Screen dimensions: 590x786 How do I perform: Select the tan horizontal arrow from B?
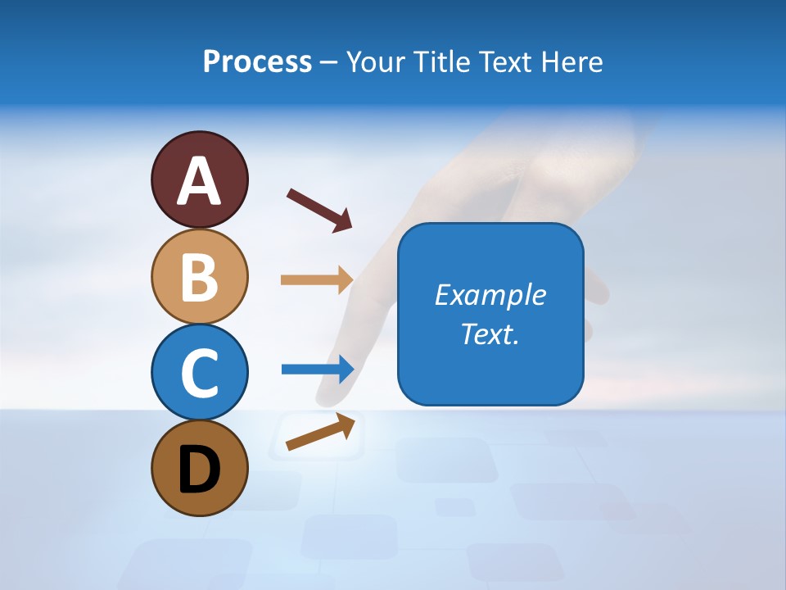click(x=316, y=280)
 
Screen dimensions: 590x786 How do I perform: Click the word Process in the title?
click(x=257, y=62)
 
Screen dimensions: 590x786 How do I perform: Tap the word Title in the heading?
click(x=439, y=62)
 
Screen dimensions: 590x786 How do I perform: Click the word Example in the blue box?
click(x=490, y=295)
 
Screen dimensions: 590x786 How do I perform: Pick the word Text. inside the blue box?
click(x=490, y=334)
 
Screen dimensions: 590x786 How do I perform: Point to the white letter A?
click(x=199, y=181)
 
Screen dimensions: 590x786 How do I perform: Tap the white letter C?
click(x=199, y=373)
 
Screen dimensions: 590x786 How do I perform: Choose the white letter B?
click(x=199, y=277)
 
